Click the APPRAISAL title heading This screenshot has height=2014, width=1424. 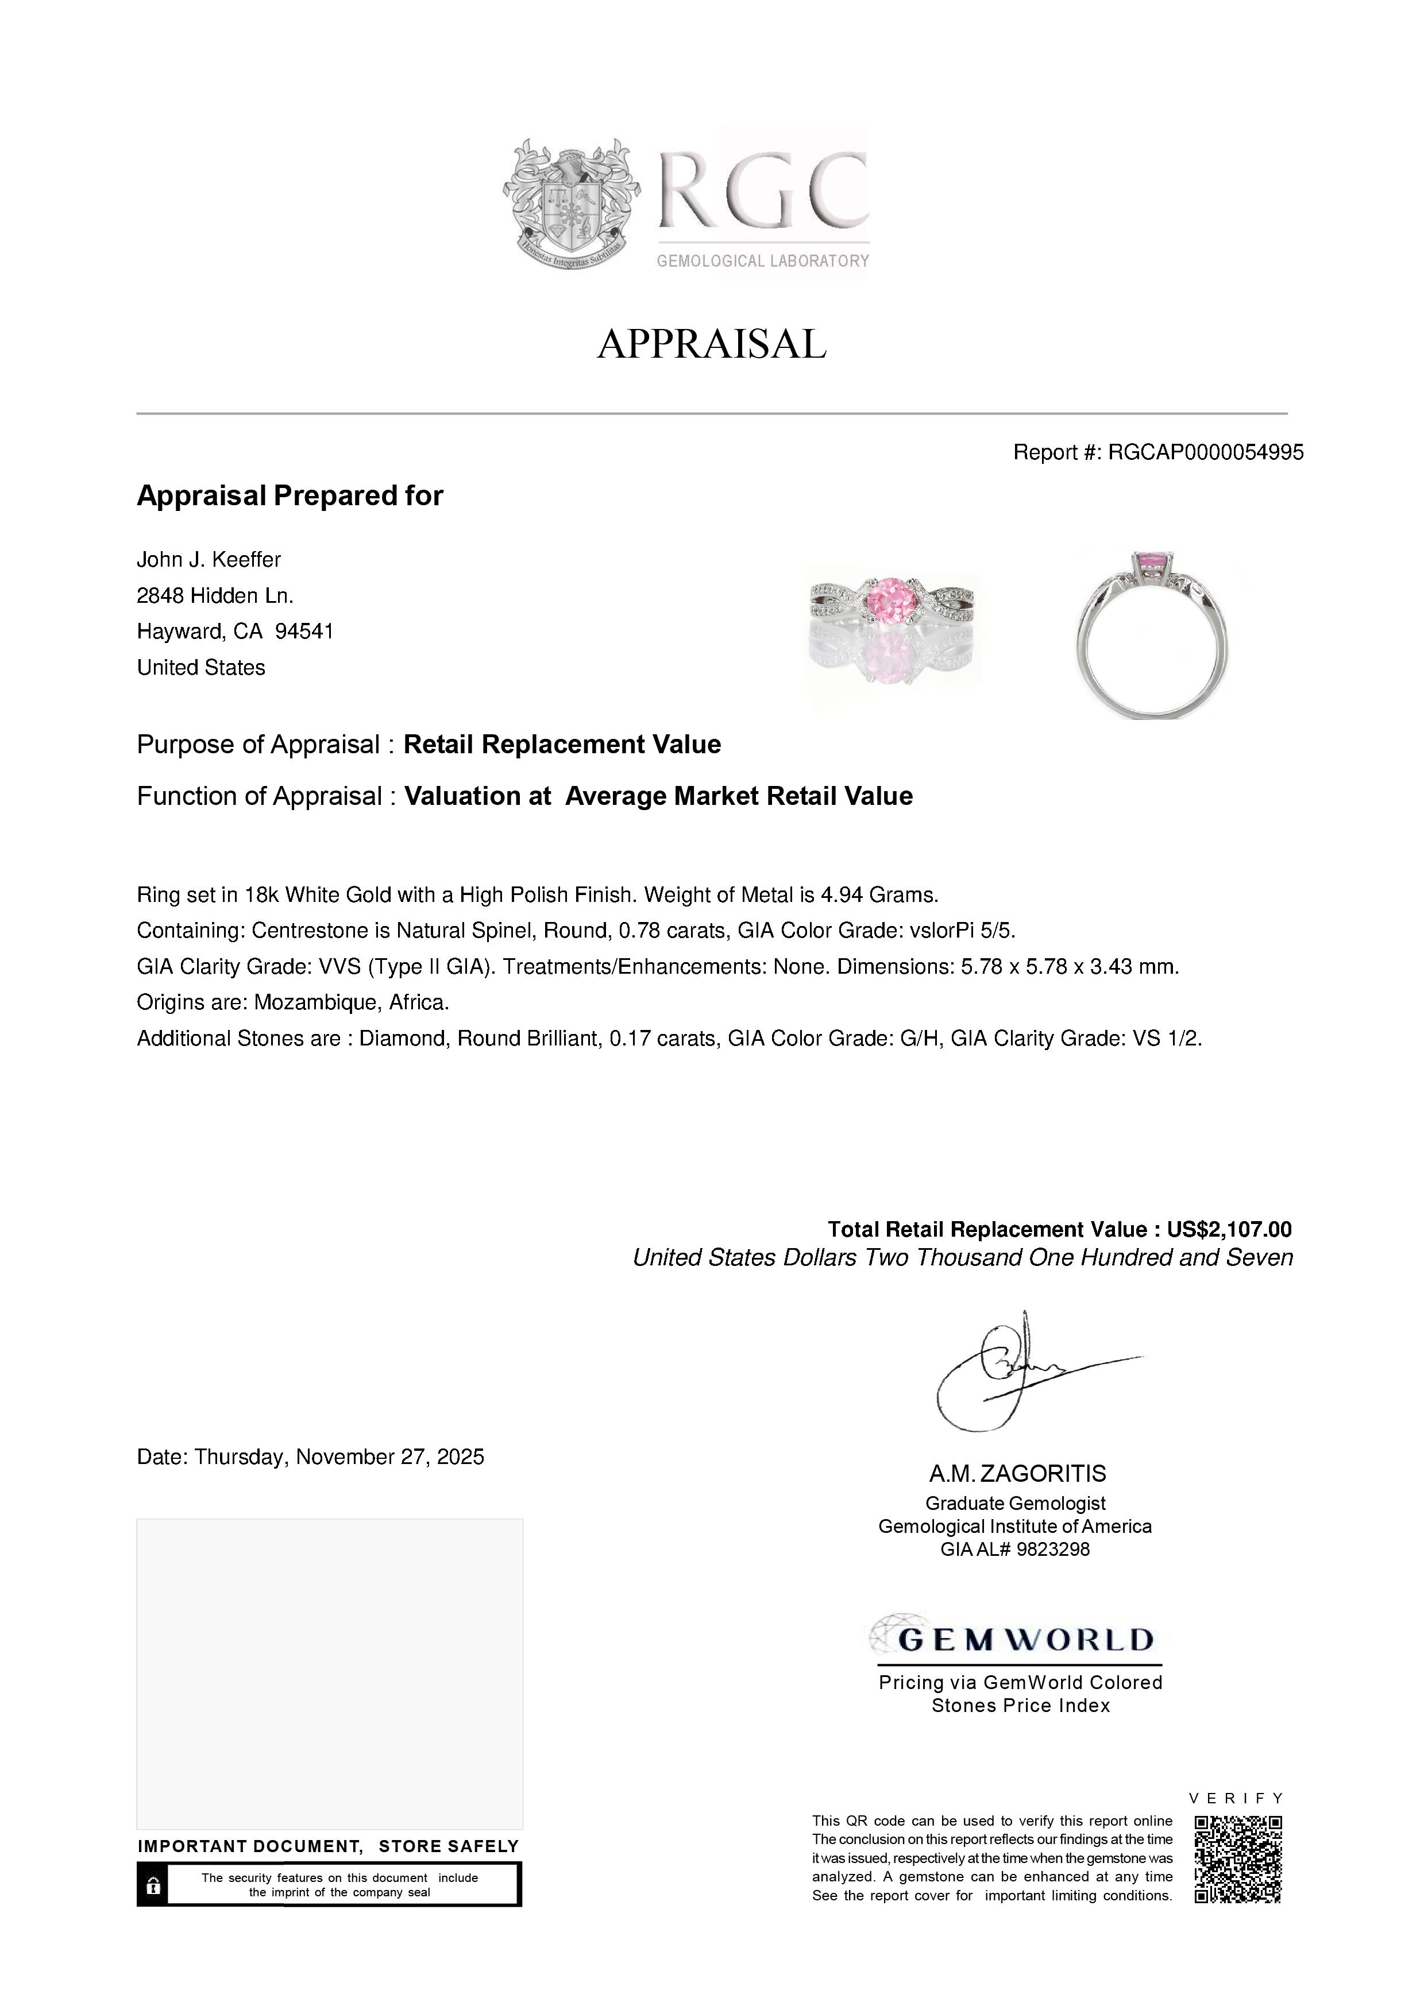pyautogui.click(x=712, y=344)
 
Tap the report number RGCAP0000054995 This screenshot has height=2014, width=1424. pyautogui.click(x=1206, y=452)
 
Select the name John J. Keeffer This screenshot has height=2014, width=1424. pyautogui.click(x=209, y=560)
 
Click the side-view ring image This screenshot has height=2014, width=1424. pyautogui.click(x=1153, y=633)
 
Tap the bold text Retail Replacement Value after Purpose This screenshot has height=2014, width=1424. pyautogui.click(x=562, y=745)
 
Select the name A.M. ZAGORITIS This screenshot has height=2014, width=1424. pyautogui.click(x=1018, y=1474)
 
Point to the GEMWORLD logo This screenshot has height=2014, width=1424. pyautogui.click(x=1018, y=1639)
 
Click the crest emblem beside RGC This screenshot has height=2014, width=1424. pyautogui.click(x=571, y=203)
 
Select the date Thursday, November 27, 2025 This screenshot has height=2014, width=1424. pyautogui.click(x=339, y=1457)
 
